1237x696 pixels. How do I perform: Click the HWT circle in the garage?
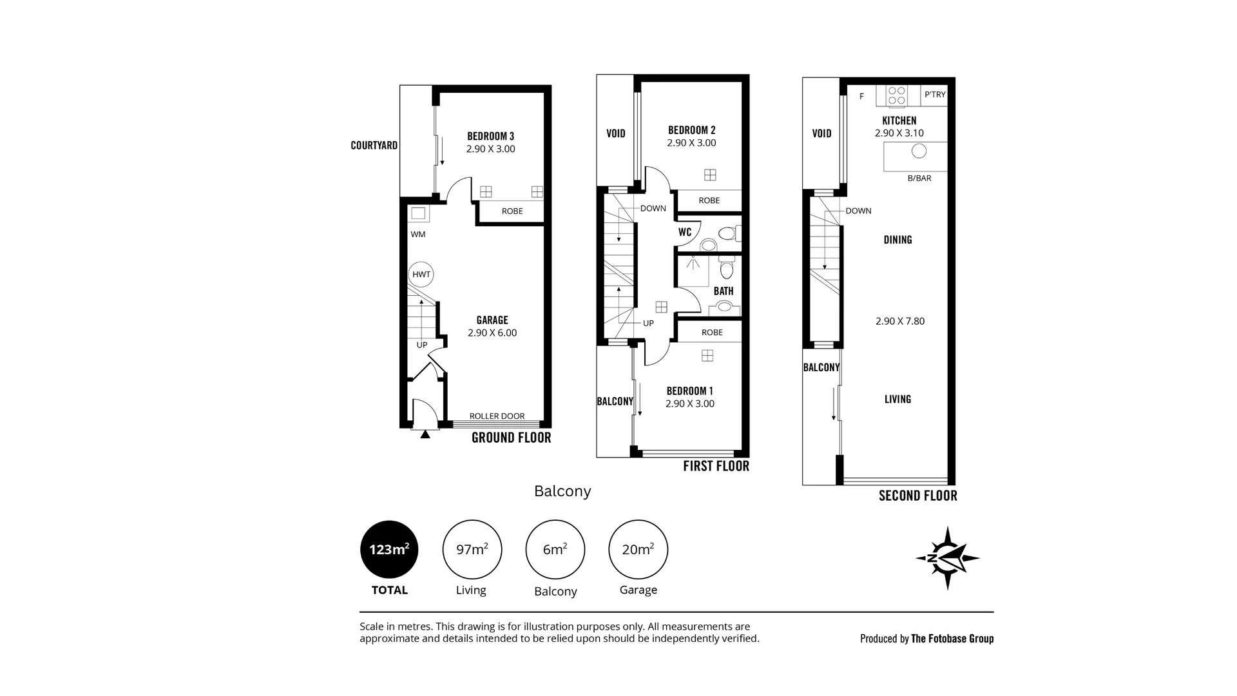[x=421, y=275]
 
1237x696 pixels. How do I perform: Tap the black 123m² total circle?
[x=389, y=550]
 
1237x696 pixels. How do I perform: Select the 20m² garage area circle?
[x=638, y=550]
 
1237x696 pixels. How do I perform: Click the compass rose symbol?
[x=948, y=558]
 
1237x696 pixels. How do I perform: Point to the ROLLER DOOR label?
[x=497, y=416]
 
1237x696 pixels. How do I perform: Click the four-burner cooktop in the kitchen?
[x=897, y=96]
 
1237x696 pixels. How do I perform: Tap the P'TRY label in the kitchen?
[x=935, y=95]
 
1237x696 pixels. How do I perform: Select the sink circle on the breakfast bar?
[x=919, y=151]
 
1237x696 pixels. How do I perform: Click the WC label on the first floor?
[x=685, y=232]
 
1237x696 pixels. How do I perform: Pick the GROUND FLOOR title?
[x=512, y=438]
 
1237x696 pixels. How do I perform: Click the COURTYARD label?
[x=374, y=146]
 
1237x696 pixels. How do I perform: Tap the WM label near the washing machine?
[x=418, y=235]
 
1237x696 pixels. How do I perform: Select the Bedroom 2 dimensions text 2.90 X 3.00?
[x=691, y=143]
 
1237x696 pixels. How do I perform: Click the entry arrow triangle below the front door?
[x=425, y=434]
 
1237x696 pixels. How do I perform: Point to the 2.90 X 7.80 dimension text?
[x=900, y=321]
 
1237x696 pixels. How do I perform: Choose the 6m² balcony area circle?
[x=555, y=550]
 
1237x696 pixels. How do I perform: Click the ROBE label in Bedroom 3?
[x=512, y=211]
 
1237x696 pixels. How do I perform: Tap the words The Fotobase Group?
[x=952, y=639]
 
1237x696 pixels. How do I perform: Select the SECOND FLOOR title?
[x=918, y=496]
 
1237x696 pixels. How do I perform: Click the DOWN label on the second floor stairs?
[x=858, y=211]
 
